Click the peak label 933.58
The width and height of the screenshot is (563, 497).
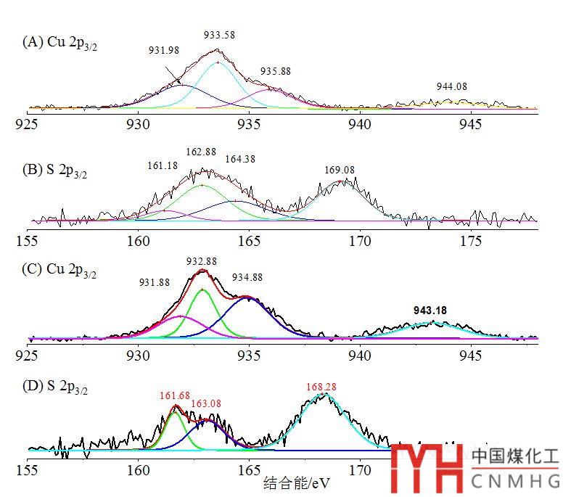click(x=220, y=35)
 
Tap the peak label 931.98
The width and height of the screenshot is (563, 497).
click(x=163, y=50)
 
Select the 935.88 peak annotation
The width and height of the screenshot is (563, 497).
click(x=275, y=71)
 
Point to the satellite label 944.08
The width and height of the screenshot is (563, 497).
click(x=452, y=86)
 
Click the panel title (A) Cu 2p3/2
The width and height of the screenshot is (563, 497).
click(x=59, y=42)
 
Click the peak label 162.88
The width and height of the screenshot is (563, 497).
click(x=200, y=152)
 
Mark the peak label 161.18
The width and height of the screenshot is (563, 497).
click(x=162, y=166)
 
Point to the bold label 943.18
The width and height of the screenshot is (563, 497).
click(x=430, y=311)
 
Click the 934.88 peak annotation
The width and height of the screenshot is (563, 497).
click(x=247, y=277)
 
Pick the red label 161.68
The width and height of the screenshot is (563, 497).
click(x=174, y=396)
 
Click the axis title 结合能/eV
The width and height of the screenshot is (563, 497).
click(x=289, y=482)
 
